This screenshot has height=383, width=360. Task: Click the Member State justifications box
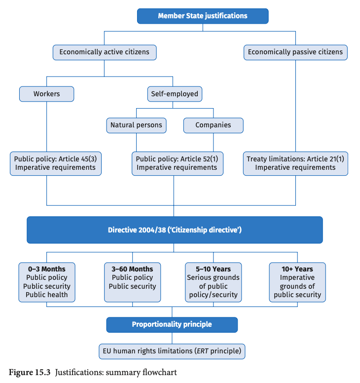coord(203,16)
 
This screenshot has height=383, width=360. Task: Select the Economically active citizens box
coord(105,52)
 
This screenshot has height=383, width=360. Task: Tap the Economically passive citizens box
coord(295,52)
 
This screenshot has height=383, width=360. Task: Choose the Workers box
coord(47,94)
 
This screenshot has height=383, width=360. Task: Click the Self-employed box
coord(175,94)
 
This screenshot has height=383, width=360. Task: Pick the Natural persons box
coord(136,125)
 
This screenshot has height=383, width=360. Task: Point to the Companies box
coord(214,125)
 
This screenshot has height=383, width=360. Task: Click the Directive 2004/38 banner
coord(175,230)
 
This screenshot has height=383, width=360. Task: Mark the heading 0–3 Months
coord(47,269)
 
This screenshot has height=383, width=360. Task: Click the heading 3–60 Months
coord(132,269)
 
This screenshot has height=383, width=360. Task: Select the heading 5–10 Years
coord(214,269)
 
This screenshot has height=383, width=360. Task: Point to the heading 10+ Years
coord(297,269)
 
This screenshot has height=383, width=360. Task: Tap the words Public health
coord(47,295)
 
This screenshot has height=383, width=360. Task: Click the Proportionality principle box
coord(172,325)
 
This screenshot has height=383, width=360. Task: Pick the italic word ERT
coord(203,351)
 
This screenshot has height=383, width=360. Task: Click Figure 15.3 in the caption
coord(30,373)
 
